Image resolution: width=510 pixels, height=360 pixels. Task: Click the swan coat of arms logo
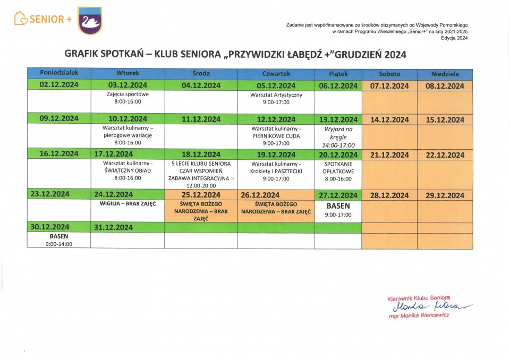[x=90, y=21]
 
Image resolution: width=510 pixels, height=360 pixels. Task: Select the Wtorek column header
[x=127, y=74]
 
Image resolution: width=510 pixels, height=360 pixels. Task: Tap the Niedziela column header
[x=445, y=74]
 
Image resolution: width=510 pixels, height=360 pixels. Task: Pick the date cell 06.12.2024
[x=338, y=86]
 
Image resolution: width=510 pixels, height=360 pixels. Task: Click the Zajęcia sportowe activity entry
[x=127, y=98]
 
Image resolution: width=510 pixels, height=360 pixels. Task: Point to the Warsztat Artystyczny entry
[x=276, y=98]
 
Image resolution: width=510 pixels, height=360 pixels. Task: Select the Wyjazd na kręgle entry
[x=338, y=137]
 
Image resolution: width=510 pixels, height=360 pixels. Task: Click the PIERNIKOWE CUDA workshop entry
[x=276, y=135]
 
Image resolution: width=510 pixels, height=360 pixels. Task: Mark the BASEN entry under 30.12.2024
[x=58, y=240]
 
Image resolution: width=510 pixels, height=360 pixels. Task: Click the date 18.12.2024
[x=201, y=155]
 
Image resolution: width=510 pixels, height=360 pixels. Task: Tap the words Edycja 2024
[x=457, y=38]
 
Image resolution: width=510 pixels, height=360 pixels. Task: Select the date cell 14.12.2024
[x=389, y=120]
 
